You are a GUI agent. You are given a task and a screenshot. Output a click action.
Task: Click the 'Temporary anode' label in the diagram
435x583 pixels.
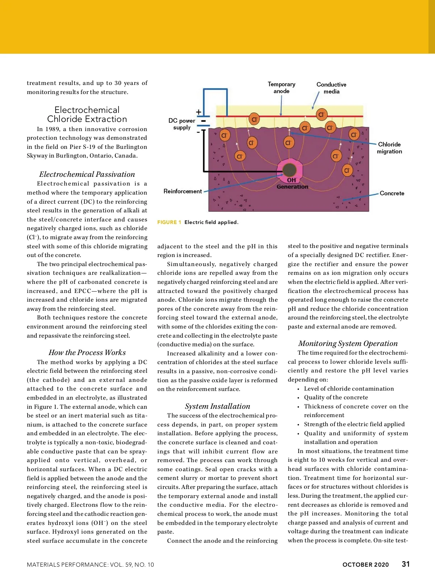281,87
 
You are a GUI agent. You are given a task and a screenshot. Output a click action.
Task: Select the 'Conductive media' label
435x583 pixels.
331,88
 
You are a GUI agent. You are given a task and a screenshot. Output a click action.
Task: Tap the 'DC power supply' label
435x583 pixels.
182,124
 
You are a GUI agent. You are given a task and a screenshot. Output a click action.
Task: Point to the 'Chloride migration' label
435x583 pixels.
389,148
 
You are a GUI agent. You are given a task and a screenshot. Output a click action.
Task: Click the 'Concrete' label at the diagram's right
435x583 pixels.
392,193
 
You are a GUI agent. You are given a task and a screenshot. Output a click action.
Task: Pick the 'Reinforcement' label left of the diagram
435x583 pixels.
183,191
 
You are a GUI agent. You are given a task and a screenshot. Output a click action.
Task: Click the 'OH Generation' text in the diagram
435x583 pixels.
292,183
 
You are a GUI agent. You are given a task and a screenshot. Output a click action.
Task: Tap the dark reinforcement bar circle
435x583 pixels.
289,170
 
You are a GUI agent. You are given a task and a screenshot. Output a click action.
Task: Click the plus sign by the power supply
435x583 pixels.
199,112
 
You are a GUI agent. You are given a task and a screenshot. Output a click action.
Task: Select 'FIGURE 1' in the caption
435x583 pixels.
169,222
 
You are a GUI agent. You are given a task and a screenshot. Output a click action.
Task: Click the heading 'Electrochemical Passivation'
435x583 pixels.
87,174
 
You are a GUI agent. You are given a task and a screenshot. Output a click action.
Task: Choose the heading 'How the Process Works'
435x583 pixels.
87,352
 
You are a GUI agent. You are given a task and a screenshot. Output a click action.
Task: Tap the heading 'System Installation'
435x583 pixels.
217,406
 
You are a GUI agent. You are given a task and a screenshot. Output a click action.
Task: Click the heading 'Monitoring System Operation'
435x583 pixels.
348,343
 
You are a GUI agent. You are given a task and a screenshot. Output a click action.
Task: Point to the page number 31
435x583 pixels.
406,564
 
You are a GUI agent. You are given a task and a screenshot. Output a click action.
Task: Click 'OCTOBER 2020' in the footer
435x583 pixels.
365,564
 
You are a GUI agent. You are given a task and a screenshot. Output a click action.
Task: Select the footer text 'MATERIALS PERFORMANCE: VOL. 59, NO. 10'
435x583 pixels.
90,564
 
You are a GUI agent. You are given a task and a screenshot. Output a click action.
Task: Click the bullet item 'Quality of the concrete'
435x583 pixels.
336,397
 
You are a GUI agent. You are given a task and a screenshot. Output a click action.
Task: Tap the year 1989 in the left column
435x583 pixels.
53,129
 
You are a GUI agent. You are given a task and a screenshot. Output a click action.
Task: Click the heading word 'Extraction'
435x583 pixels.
107,119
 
